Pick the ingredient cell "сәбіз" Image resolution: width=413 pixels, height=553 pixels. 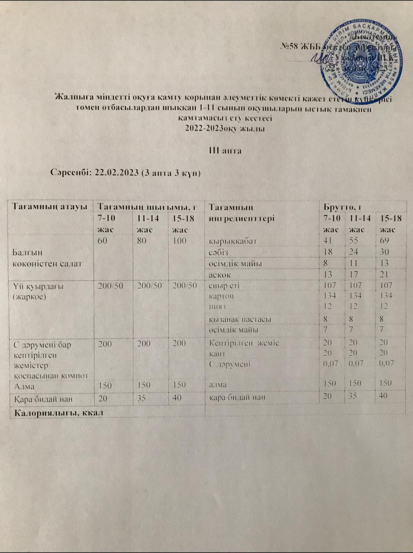[218, 252]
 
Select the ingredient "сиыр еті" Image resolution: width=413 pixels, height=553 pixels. [223, 286]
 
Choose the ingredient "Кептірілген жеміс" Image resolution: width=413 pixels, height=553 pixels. [244, 343]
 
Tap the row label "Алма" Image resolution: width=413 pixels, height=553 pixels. [24, 385]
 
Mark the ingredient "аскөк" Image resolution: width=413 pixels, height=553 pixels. [219, 274]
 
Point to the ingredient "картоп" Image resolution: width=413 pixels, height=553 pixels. [221, 296]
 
